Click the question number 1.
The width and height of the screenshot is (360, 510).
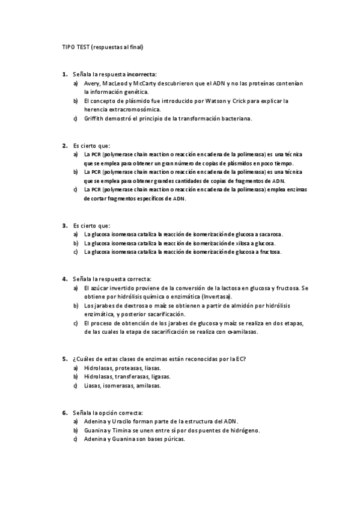pos(64,74)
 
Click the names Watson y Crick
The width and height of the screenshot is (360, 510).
pos(228,101)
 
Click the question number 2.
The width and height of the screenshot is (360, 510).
pos(64,145)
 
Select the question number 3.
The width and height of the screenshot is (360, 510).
pos(64,225)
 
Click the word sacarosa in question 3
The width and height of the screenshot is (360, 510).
pos(270,234)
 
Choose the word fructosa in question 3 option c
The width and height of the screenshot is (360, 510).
pos(268,252)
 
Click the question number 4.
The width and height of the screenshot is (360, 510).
pos(64,278)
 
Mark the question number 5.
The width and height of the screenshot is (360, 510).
pos(64,359)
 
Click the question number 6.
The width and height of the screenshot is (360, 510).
pos(64,413)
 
